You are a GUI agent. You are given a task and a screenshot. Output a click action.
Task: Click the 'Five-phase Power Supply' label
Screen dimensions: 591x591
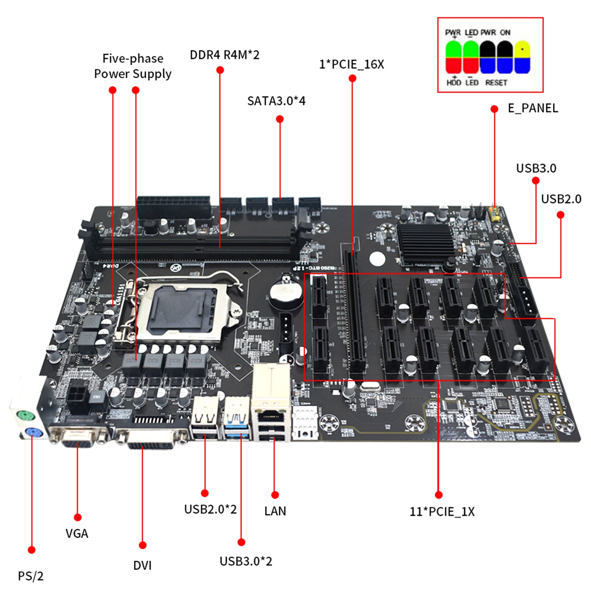tap(133, 66)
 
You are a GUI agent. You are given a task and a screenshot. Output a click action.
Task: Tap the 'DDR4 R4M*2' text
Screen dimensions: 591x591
tap(225, 55)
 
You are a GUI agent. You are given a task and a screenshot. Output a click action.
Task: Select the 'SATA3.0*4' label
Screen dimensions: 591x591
tap(276, 101)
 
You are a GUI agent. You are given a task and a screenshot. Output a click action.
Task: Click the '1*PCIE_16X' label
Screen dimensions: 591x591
tap(351, 64)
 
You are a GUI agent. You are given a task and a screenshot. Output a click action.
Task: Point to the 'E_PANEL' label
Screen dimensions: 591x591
tap(533, 108)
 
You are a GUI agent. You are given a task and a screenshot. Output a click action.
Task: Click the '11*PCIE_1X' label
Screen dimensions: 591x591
tap(442, 512)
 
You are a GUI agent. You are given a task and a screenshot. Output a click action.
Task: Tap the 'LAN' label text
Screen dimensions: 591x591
tap(275, 511)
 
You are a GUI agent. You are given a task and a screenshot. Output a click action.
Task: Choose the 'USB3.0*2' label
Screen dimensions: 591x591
tap(246, 561)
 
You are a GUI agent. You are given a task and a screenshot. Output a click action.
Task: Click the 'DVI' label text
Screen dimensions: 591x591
tap(142, 566)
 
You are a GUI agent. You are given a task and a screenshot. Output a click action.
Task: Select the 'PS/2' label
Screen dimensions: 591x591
tap(31, 576)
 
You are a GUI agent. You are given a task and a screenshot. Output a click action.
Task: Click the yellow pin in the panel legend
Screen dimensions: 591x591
tap(522, 49)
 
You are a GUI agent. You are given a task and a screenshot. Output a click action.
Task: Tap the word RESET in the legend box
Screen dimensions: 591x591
tap(496, 83)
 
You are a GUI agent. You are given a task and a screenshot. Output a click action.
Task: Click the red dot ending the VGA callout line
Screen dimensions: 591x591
tap(78, 517)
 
